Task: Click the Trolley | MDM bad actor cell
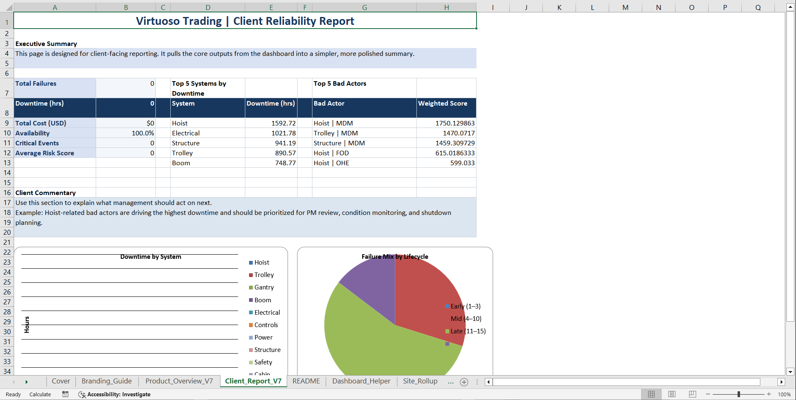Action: pyautogui.click(x=336, y=133)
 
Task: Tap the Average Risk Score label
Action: pyautogui.click(x=45, y=153)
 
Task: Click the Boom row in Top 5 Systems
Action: pyautogui.click(x=181, y=163)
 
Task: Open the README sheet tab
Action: pyautogui.click(x=306, y=381)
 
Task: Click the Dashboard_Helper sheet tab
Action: pyautogui.click(x=361, y=381)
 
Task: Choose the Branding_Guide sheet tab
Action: pyautogui.click(x=106, y=381)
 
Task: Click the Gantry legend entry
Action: pyautogui.click(x=264, y=287)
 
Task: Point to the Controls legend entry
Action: pyautogui.click(x=266, y=325)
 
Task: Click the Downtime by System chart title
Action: pyautogui.click(x=151, y=257)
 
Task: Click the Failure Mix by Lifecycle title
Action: pyautogui.click(x=395, y=257)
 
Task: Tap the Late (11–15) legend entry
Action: pyautogui.click(x=468, y=331)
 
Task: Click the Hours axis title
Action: pyautogui.click(x=27, y=325)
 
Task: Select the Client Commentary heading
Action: pyautogui.click(x=46, y=193)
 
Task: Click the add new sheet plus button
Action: pyautogui.click(x=464, y=382)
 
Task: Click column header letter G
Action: pyautogui.click(x=364, y=7)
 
